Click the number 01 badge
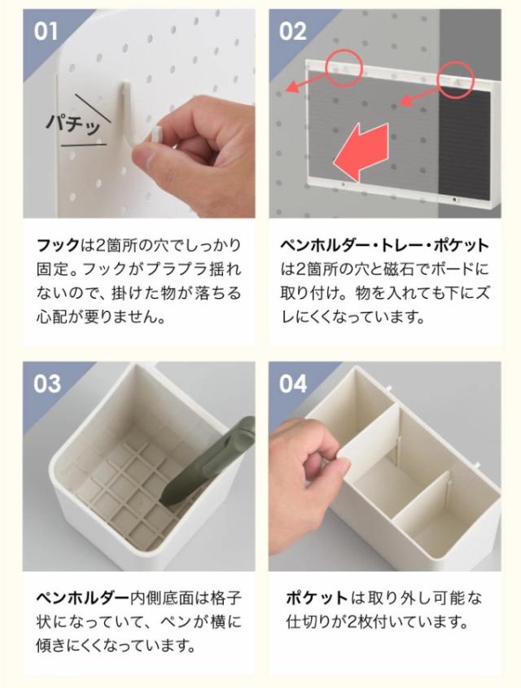click(46, 32)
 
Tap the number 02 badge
click(292, 32)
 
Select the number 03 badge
click(47, 384)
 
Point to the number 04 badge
click(293, 384)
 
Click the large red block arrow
click(361, 151)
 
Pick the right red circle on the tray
click(457, 79)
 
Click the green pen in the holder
click(207, 461)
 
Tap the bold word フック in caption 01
click(58, 245)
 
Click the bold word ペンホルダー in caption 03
click(82, 598)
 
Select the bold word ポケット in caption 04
click(317, 598)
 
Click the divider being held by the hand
click(371, 444)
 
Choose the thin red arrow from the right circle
click(419, 97)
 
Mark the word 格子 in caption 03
click(225, 598)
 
